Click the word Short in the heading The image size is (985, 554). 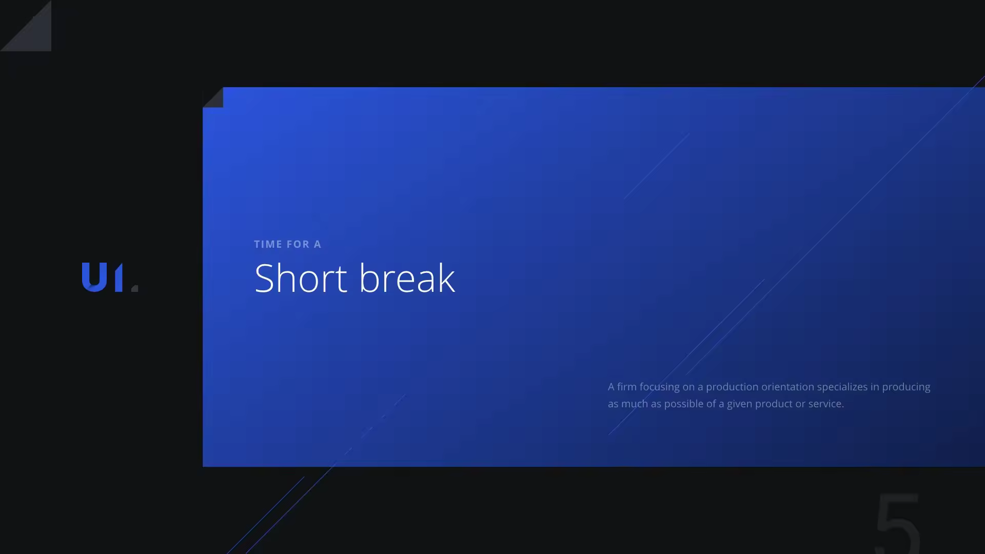[x=301, y=278]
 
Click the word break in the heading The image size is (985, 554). [x=407, y=278]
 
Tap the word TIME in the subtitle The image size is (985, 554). [x=268, y=244]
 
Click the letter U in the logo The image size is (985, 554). [x=94, y=277]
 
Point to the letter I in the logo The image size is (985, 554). [x=119, y=277]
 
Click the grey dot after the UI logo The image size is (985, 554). [x=135, y=288]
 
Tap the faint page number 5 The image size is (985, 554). [x=898, y=523]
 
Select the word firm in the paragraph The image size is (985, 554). [x=626, y=387]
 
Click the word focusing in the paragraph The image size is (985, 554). [x=659, y=387]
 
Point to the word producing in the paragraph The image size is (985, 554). [x=906, y=387]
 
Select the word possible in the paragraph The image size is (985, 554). [x=684, y=404]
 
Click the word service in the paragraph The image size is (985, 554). [x=826, y=404]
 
